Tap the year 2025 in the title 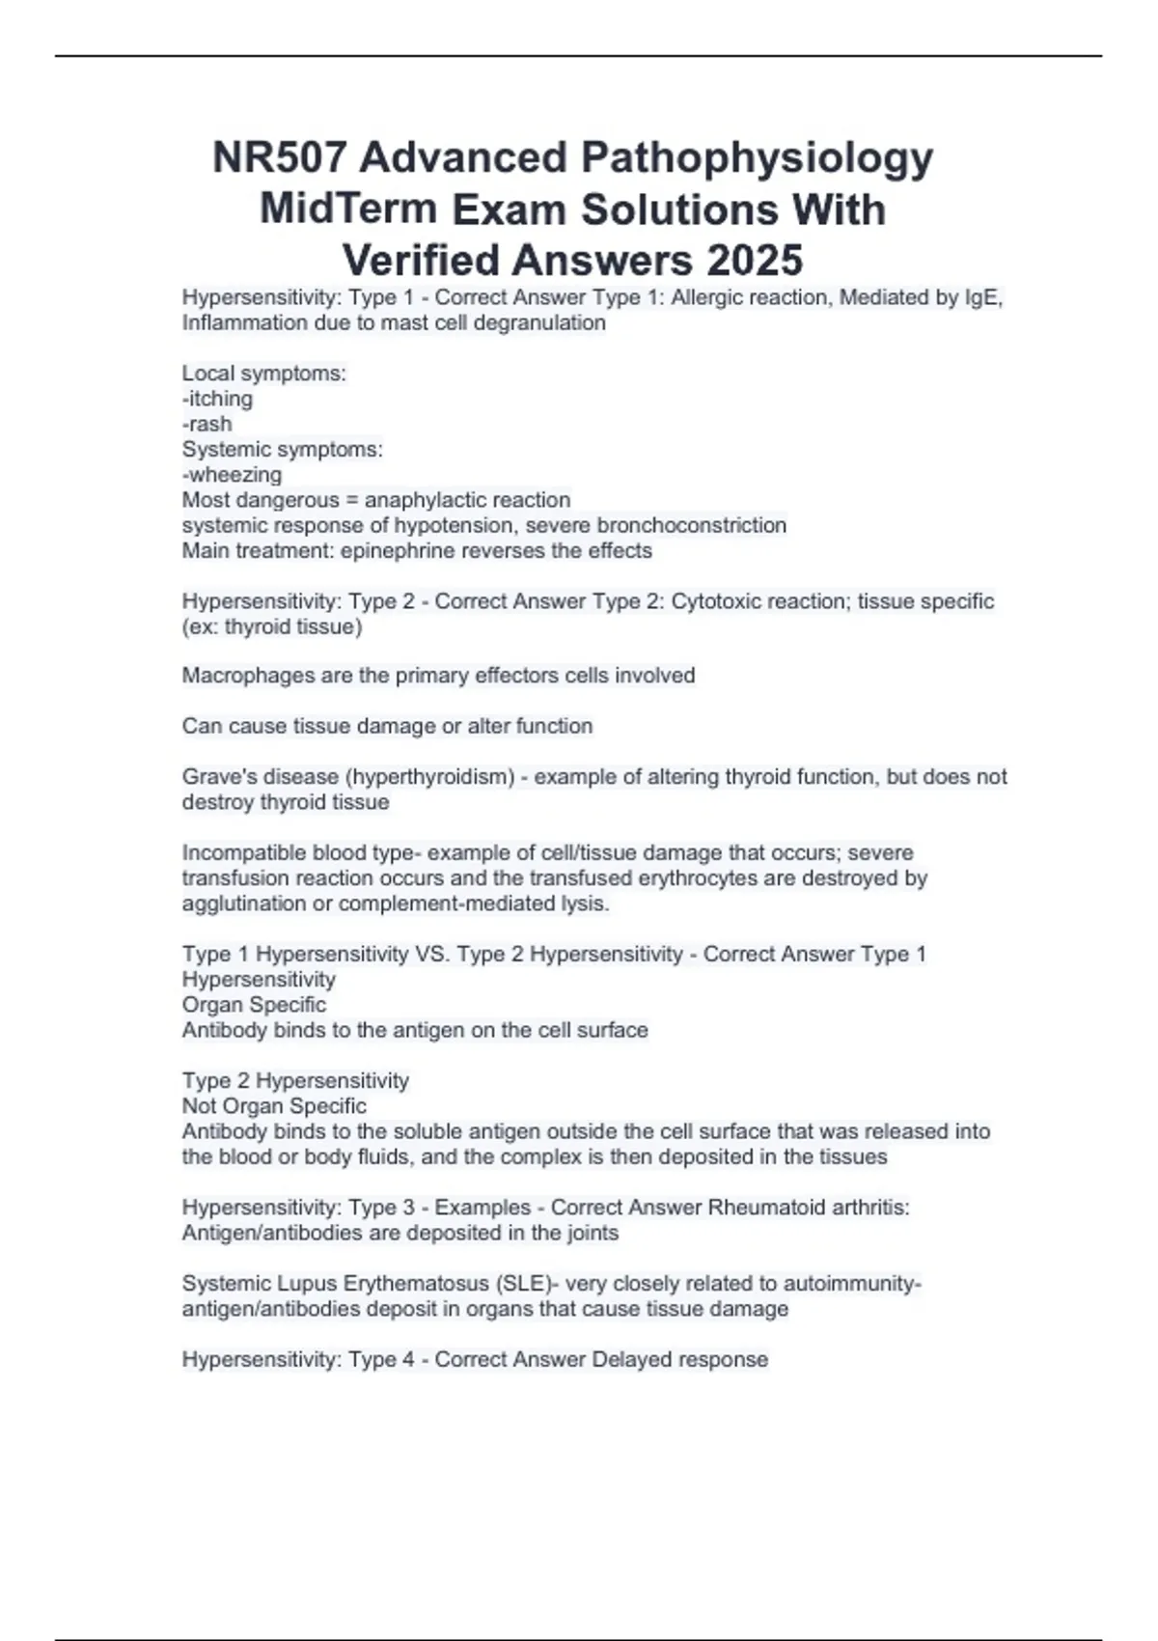755,261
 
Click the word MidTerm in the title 348,209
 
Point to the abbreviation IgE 983,297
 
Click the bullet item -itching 217,399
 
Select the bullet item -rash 207,424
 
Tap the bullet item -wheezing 232,475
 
